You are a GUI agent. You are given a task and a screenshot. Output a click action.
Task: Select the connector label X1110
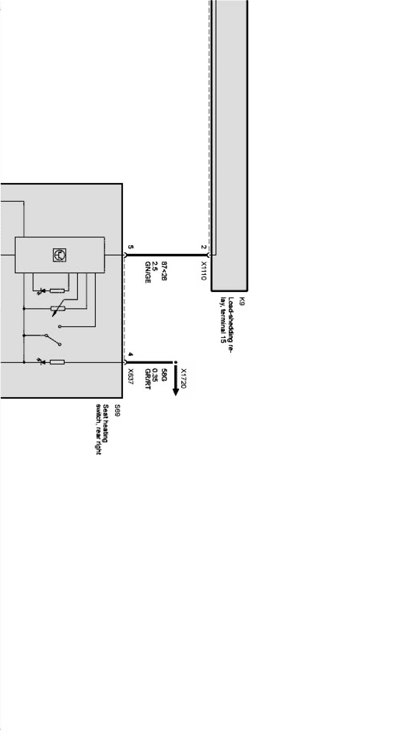(x=203, y=271)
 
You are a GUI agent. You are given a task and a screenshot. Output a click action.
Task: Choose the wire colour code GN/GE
(x=147, y=272)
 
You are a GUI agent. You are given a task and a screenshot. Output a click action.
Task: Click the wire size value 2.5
(x=155, y=267)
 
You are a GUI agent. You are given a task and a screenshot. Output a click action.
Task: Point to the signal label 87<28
(x=163, y=271)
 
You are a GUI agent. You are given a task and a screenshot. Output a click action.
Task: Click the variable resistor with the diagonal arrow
(x=57, y=309)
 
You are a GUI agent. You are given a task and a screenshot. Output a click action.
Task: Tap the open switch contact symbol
(x=53, y=339)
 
